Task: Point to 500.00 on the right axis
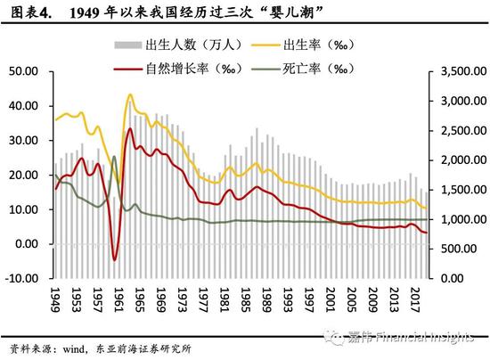(x=458, y=249)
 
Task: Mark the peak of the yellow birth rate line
(x=130, y=94)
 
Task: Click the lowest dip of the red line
(x=115, y=259)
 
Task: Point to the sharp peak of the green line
(x=114, y=157)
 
